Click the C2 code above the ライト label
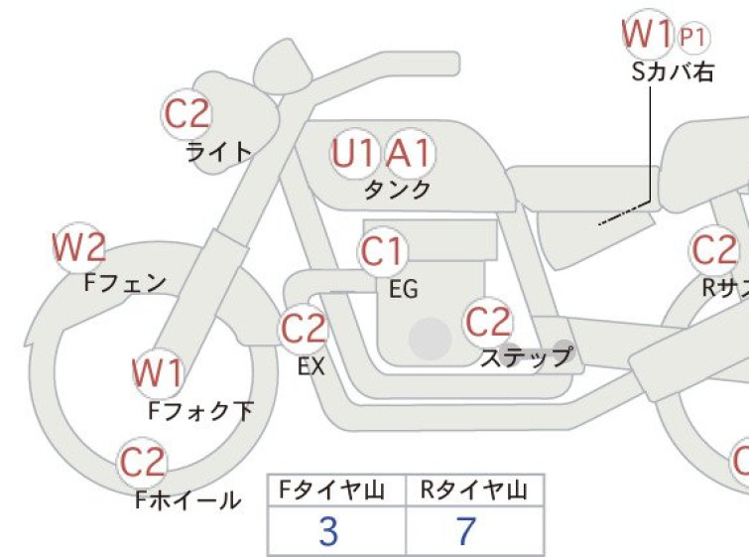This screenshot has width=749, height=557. pyautogui.click(x=187, y=114)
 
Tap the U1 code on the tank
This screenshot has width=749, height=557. pyautogui.click(x=355, y=153)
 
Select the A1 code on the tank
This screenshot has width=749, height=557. pyautogui.click(x=410, y=153)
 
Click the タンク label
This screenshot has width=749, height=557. pyautogui.click(x=398, y=189)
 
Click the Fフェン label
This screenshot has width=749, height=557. pyautogui.click(x=125, y=283)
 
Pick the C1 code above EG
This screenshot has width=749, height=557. pyautogui.click(x=382, y=252)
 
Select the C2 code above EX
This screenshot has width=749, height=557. pyautogui.click(x=304, y=329)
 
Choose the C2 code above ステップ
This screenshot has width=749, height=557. pyautogui.click(x=488, y=322)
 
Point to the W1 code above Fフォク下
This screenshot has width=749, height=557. pyautogui.click(x=158, y=373)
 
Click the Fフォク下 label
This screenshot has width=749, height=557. pyautogui.click(x=200, y=409)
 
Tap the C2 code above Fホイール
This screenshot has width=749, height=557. pyautogui.click(x=143, y=462)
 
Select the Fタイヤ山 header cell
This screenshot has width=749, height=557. pyautogui.click(x=336, y=489)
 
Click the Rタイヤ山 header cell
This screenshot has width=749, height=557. pyautogui.click(x=474, y=489)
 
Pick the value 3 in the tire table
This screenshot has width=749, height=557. pyautogui.click(x=328, y=532)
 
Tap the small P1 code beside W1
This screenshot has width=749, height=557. pyautogui.click(x=694, y=38)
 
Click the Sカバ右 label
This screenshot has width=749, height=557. pyautogui.click(x=673, y=71)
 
